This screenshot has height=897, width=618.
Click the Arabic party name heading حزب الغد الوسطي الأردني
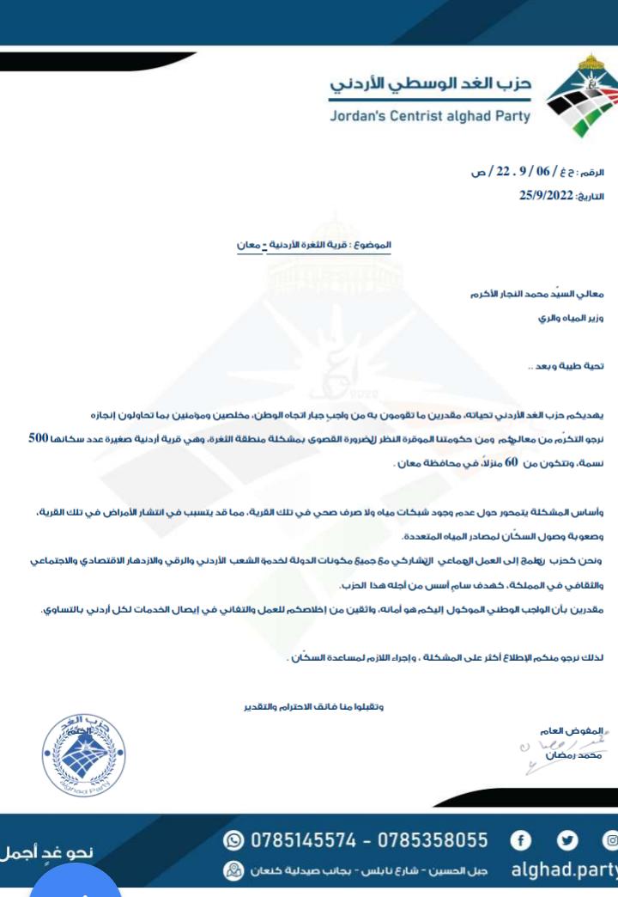point(432,86)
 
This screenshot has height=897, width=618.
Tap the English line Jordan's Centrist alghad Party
point(430,116)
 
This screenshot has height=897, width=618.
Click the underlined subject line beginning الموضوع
point(314,246)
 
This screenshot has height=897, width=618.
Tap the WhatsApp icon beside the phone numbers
point(231,839)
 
